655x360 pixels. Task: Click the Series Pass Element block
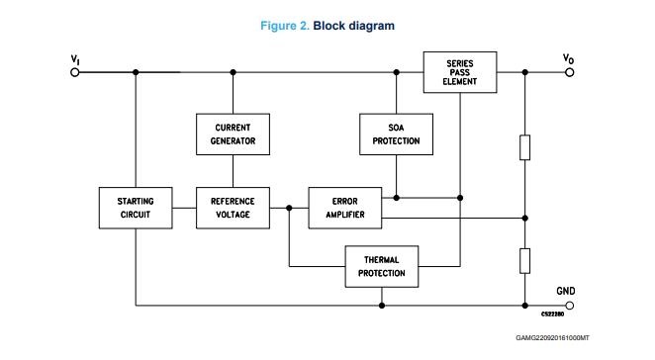(x=460, y=72)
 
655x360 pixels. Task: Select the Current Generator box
(x=233, y=135)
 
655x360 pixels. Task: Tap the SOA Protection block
(x=396, y=135)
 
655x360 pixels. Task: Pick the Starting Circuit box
(x=136, y=208)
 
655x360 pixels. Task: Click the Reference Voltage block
(x=233, y=208)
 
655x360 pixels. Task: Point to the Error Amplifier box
(x=345, y=208)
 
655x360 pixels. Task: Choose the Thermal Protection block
(x=381, y=266)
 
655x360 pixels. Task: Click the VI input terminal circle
(x=75, y=72)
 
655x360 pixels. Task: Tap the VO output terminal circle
(x=569, y=72)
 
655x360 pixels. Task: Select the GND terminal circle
(x=569, y=306)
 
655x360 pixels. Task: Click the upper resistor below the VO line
(x=525, y=147)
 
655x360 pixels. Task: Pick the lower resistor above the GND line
(x=525, y=261)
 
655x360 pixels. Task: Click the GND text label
(x=566, y=291)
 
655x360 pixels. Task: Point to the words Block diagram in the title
(x=354, y=26)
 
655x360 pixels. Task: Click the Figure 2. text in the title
(x=285, y=26)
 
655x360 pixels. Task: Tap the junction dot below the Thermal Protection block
(x=381, y=306)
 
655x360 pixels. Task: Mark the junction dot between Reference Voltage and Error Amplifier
(x=289, y=208)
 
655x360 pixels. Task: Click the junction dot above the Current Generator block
(x=234, y=72)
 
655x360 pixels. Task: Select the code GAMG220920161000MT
(x=552, y=338)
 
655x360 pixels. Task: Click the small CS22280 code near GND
(x=553, y=315)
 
